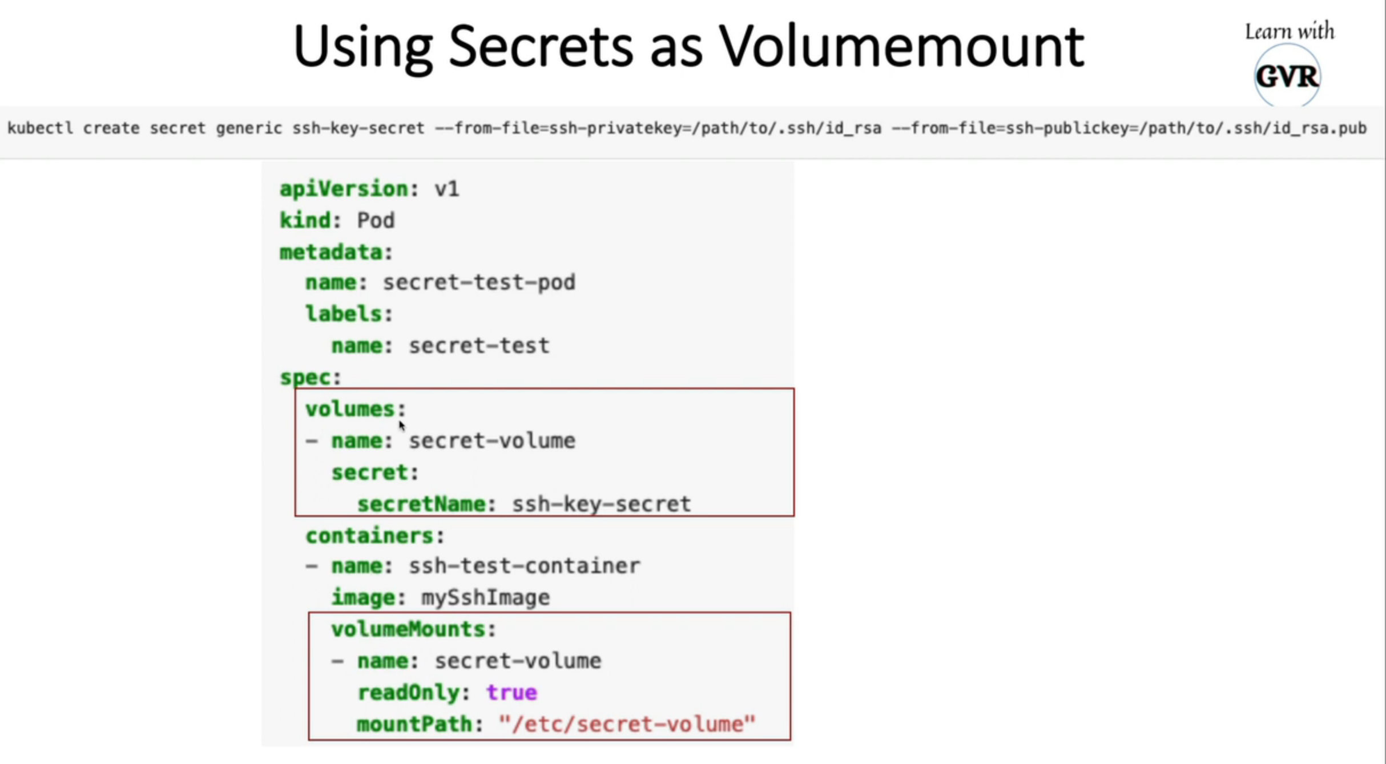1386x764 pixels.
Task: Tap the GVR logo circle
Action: (x=1287, y=76)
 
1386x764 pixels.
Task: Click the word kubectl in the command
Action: (x=40, y=128)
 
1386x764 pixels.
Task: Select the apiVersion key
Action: (x=344, y=189)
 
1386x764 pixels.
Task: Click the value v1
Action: (x=446, y=189)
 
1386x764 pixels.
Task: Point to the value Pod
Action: (x=375, y=220)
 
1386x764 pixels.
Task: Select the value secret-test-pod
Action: (x=478, y=282)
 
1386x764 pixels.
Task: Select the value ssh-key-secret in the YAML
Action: (x=601, y=504)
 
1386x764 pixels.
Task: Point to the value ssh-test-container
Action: (x=524, y=566)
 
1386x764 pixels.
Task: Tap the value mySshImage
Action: (x=485, y=597)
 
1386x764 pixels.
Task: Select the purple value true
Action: (x=511, y=693)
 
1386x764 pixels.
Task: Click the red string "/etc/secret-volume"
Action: (x=627, y=724)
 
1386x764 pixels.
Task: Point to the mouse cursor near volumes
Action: (x=401, y=425)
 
